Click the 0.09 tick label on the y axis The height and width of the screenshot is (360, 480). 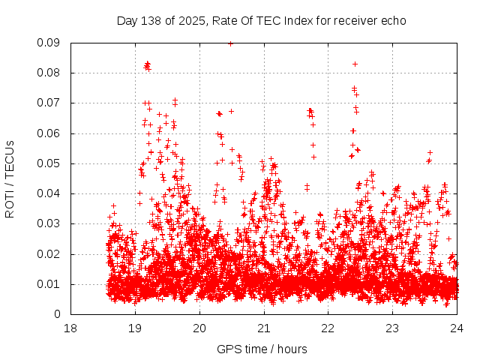pos(49,43)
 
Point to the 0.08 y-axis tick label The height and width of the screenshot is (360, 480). pos(49,73)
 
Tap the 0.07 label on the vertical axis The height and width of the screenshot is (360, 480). pos(49,103)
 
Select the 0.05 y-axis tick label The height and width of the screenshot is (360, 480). pos(49,163)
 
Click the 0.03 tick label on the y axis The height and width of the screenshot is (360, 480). pos(49,223)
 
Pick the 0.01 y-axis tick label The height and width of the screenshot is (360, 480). pos(49,283)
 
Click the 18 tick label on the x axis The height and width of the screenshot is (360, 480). pos(70,328)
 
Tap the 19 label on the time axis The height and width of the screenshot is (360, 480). pos(135,328)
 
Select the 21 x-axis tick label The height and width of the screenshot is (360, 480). pos(264,328)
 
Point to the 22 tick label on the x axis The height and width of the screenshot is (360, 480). pos(328,328)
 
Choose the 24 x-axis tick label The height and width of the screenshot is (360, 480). pos(457,328)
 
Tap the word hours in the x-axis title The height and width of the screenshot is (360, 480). pos(292,349)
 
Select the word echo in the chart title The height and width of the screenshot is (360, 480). pos(393,20)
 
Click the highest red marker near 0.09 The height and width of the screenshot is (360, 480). pos(230,43)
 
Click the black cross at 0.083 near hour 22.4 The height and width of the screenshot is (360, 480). pos(355,64)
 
